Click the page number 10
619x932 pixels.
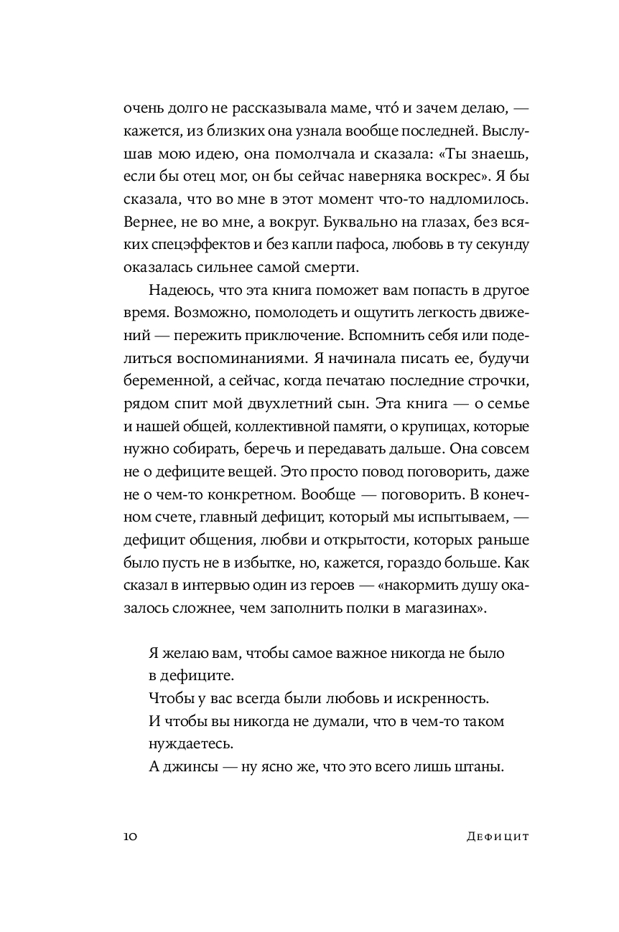point(131,837)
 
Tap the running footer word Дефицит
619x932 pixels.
point(495,837)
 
